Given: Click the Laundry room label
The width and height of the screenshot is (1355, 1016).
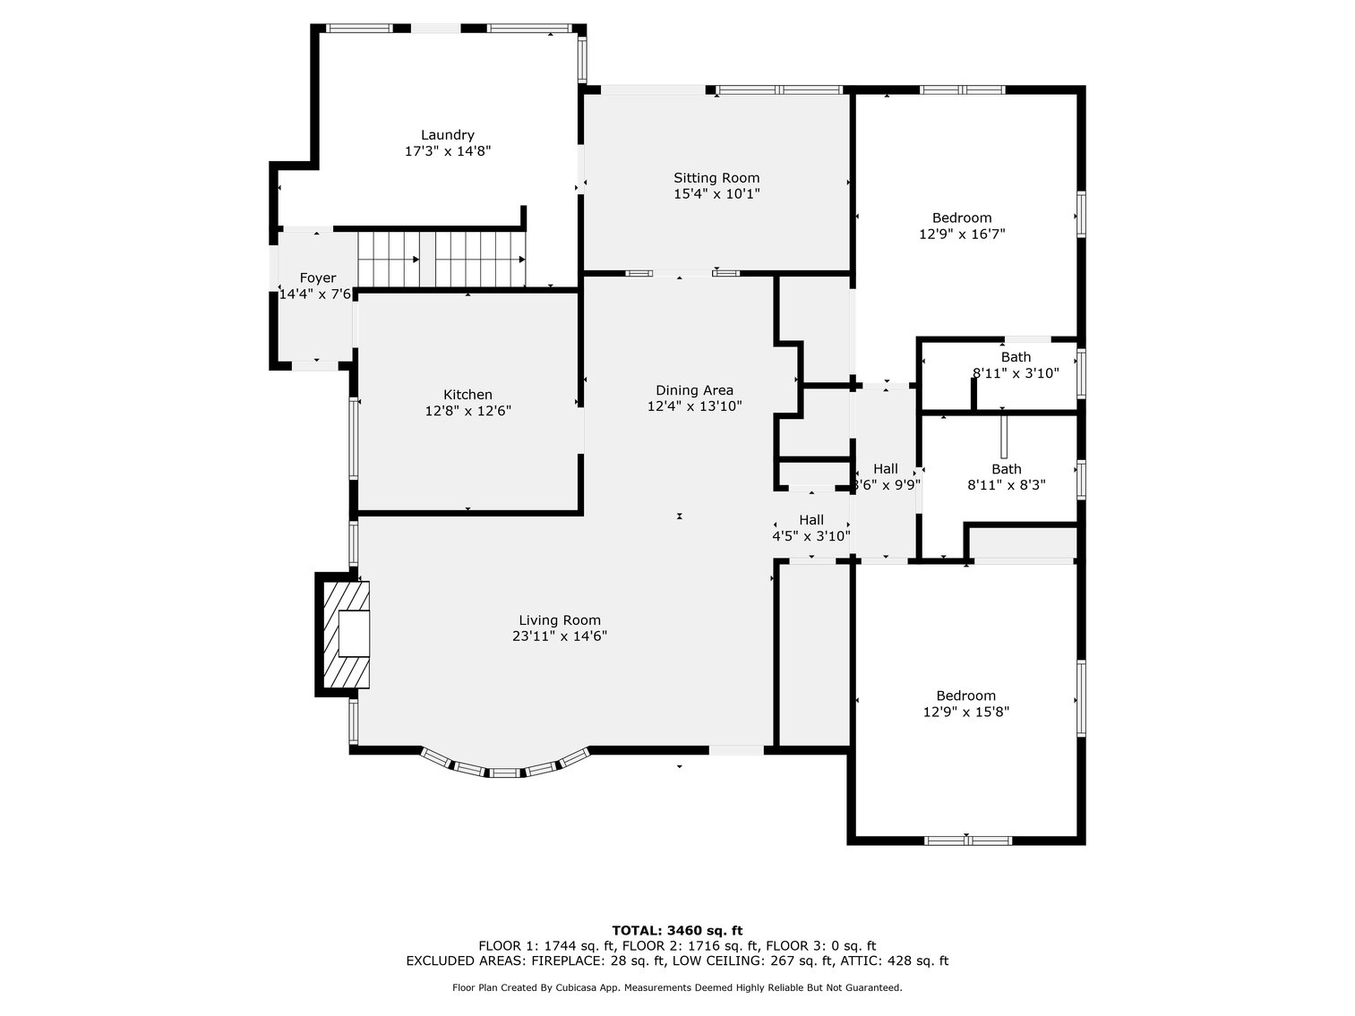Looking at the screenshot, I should [448, 135].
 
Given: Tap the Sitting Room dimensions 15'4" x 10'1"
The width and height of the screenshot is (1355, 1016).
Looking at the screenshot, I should [716, 193].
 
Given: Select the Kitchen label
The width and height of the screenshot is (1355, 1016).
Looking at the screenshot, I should [467, 395].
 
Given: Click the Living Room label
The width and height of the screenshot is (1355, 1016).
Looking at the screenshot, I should [560, 620].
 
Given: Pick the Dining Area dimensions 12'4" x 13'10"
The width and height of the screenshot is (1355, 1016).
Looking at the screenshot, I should [694, 406].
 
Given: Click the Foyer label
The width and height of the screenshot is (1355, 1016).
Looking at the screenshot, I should [317, 278].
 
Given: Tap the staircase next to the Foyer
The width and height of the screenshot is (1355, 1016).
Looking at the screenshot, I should [442, 260].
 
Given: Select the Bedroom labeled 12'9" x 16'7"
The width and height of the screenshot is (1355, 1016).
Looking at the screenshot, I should [962, 218].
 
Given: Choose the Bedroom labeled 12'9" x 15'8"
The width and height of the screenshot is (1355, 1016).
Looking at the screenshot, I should [965, 696].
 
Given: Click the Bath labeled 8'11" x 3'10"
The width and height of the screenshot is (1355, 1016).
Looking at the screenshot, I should [1016, 357].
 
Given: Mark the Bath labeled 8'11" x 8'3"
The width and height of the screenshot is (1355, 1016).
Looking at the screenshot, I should [1006, 469].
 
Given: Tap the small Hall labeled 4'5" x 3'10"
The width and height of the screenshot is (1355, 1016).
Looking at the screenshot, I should [811, 520].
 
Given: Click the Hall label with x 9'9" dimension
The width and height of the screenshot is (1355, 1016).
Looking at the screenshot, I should [886, 469].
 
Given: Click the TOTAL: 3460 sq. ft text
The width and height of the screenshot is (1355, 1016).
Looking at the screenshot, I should [677, 931].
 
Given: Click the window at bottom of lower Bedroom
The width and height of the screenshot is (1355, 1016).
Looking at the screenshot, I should [967, 840].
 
